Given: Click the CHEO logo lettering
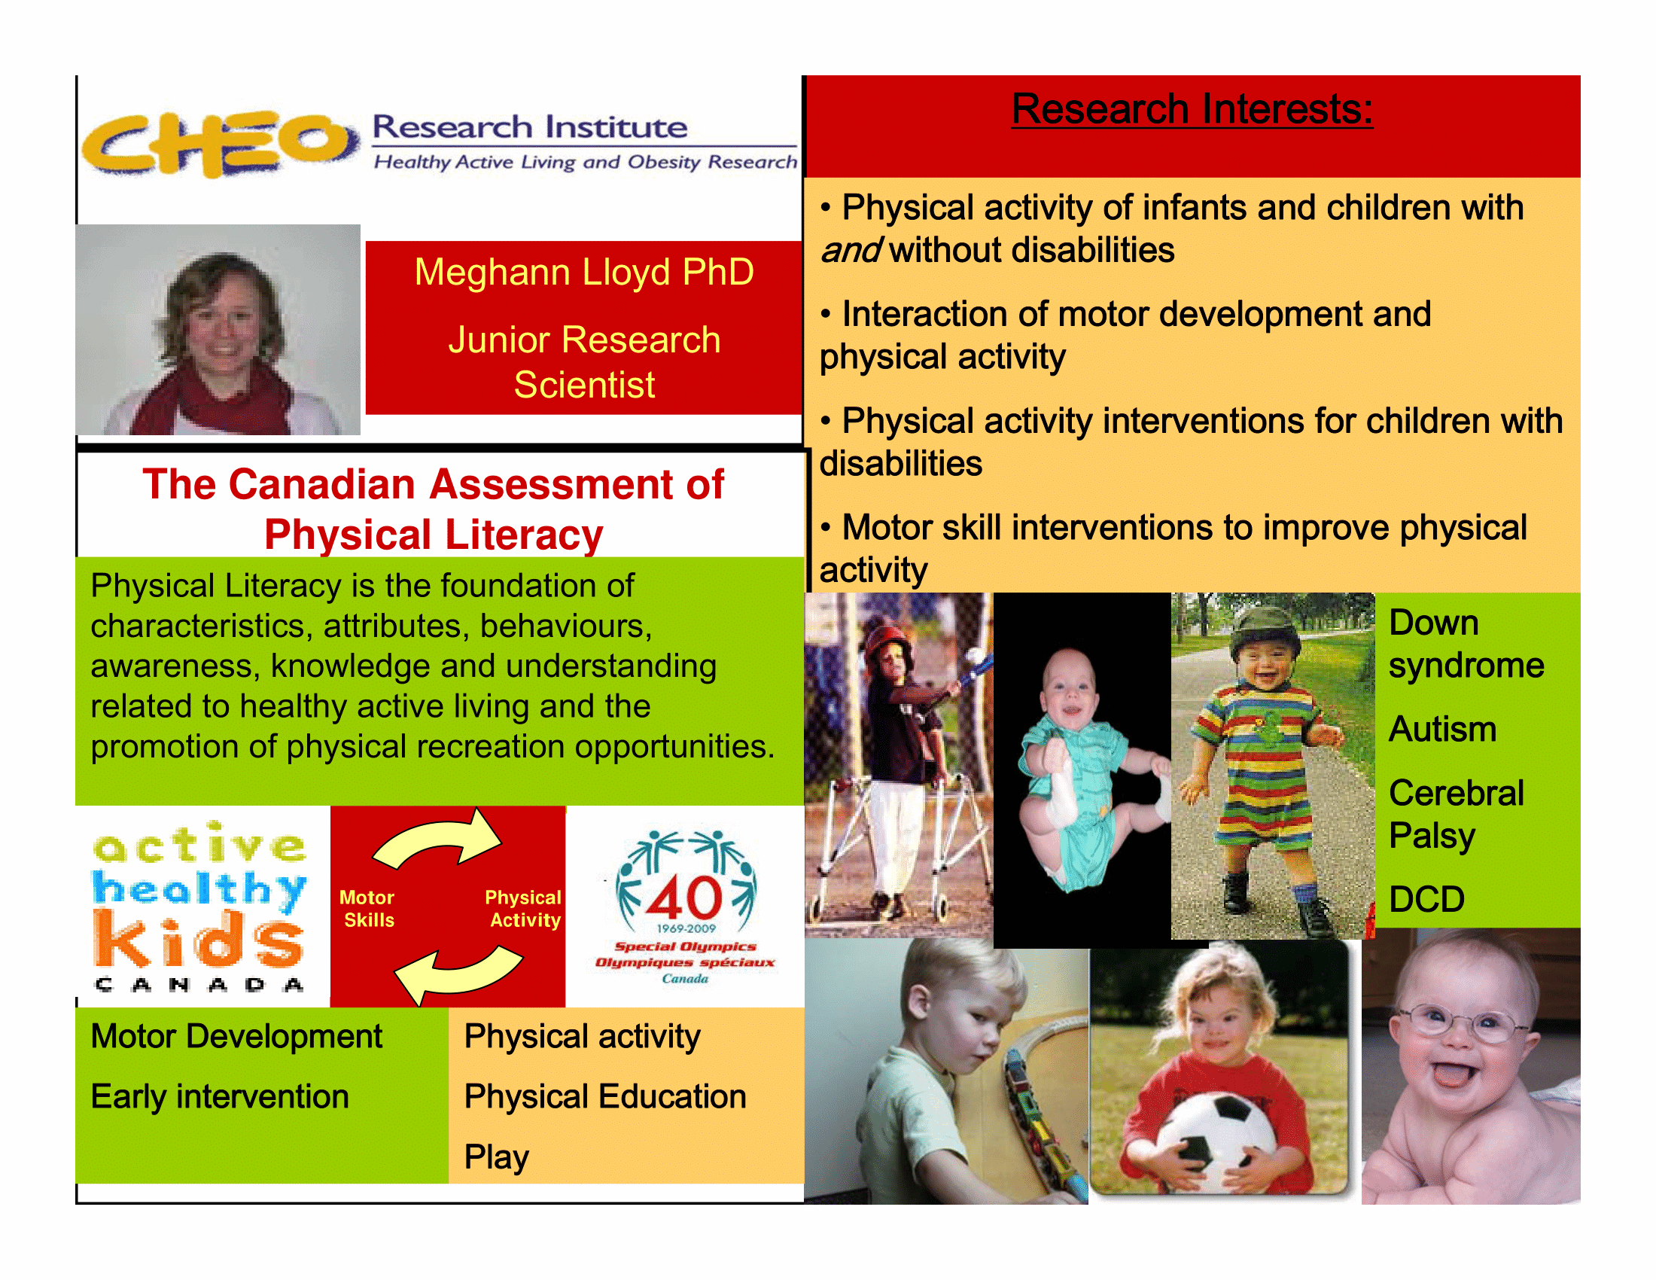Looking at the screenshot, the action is click(x=220, y=143).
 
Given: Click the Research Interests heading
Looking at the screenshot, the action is click(x=1192, y=109).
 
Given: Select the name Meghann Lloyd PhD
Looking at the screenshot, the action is click(x=584, y=272).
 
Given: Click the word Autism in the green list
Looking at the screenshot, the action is click(x=1442, y=730).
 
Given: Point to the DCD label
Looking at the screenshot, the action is click(x=1426, y=899).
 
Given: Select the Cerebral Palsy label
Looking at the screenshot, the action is click(x=1456, y=815).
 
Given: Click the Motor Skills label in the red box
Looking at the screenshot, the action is click(x=368, y=909).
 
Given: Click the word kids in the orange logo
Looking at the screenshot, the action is click(x=199, y=940).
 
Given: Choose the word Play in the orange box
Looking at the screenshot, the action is click(x=497, y=1157).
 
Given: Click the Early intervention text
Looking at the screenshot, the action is click(x=220, y=1097).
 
